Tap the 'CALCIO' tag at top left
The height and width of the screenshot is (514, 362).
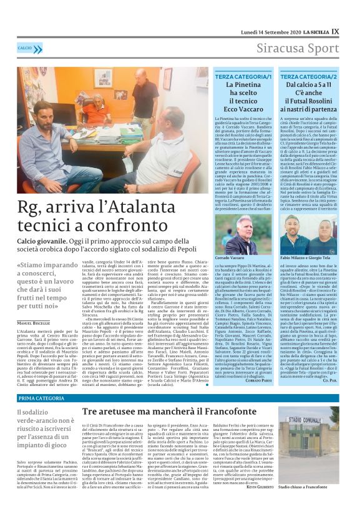[x=26, y=48]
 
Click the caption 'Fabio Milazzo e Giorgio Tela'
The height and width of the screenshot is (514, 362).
[x=308, y=258]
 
